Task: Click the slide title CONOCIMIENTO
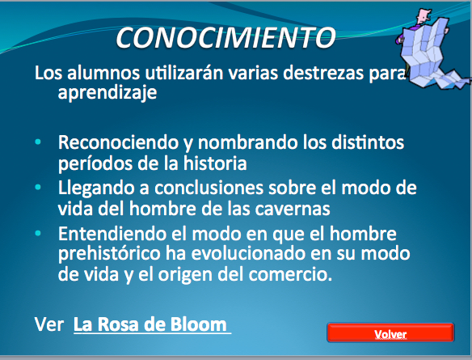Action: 225,38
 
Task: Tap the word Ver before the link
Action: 49,324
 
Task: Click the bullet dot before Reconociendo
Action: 38,142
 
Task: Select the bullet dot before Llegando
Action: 38,188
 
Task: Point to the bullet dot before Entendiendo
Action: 38,233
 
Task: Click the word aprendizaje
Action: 107,93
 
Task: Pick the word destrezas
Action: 323,73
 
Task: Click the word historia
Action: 215,163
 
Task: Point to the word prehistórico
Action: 109,255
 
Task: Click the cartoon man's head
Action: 424,15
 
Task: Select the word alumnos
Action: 103,73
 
